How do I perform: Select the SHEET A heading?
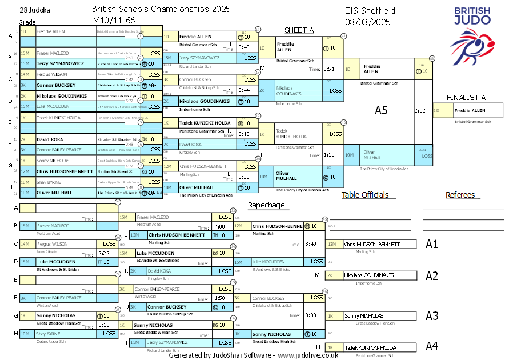[299, 30]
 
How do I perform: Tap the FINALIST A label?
[466, 97]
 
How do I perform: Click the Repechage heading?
[266, 205]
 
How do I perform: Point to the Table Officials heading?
[364, 195]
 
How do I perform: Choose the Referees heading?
[460, 195]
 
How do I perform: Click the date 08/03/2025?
[368, 22]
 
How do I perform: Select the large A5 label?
[381, 110]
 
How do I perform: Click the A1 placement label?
[432, 244]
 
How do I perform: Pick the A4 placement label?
[432, 346]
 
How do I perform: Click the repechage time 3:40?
[311, 244]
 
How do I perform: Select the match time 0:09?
[311, 315]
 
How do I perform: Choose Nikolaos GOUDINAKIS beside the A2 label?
[369, 275]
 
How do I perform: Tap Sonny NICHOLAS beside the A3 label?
[363, 315]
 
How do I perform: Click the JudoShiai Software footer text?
[254, 355]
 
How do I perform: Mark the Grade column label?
[27, 22]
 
